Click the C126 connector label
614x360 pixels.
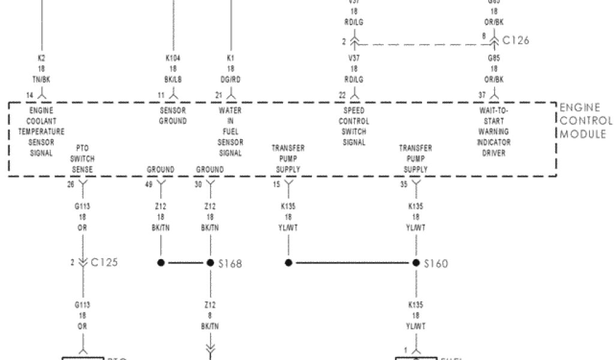pyautogui.click(x=516, y=41)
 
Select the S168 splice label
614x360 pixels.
pyautogui.click(x=230, y=263)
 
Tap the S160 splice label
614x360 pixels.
pyautogui.click(x=436, y=263)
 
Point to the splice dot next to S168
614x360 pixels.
pyautogui.click(x=210, y=263)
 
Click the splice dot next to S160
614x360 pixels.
pyautogui.click(x=416, y=263)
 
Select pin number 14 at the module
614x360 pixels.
pyautogui.click(x=29, y=95)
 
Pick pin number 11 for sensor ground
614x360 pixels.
pyautogui.click(x=161, y=95)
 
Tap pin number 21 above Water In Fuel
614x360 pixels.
pyautogui.click(x=219, y=95)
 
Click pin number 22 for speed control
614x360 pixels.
pyautogui.click(x=342, y=95)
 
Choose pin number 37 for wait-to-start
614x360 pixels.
pyautogui.click(x=482, y=95)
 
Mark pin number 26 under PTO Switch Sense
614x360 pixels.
pyautogui.click(x=71, y=185)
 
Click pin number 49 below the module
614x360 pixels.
pyautogui.click(x=149, y=185)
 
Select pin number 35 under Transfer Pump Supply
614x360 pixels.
pyautogui.click(x=404, y=185)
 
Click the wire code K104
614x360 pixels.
pyautogui.click(x=173, y=58)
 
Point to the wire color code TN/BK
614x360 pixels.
pyautogui.click(x=41, y=79)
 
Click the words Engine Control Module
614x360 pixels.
pyautogui.click(x=585, y=121)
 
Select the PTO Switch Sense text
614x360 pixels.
pyautogui.click(x=82, y=159)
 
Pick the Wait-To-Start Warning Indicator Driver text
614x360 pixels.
pyautogui.click(x=493, y=132)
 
